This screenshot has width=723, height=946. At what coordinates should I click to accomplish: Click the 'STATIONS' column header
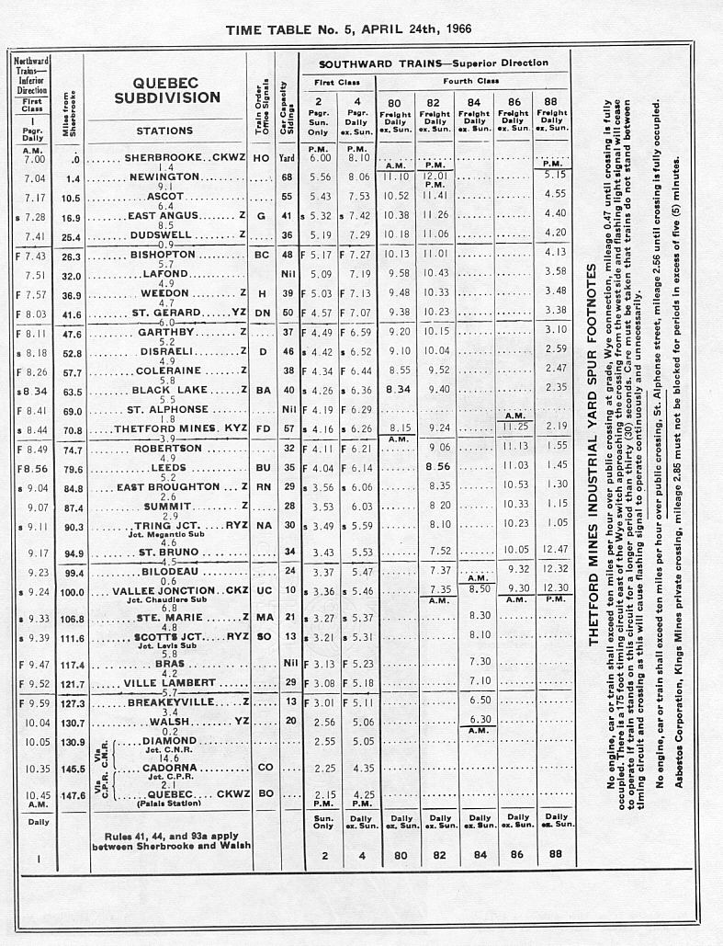coord(164,131)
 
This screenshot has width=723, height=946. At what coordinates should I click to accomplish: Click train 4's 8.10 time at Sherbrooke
coord(358,158)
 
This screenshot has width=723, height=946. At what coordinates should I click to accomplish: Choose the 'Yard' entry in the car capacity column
coord(288,157)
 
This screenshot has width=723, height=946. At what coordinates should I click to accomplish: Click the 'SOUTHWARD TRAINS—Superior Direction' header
coord(433,63)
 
